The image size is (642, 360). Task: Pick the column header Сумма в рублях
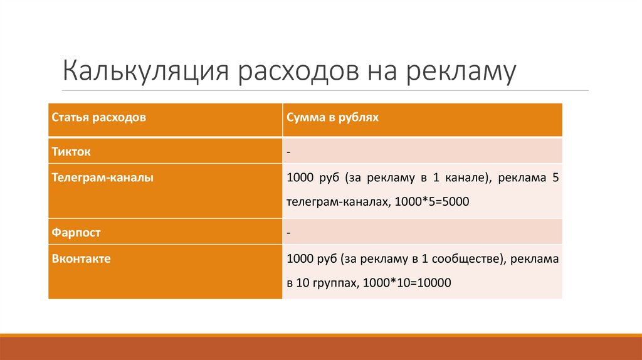333,118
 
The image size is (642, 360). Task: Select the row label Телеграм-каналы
102,178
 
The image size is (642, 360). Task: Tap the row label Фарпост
76,233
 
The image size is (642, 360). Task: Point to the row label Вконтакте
81,258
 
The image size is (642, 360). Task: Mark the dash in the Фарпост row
288,233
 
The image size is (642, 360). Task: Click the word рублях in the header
359,118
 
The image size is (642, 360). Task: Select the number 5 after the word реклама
555,178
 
